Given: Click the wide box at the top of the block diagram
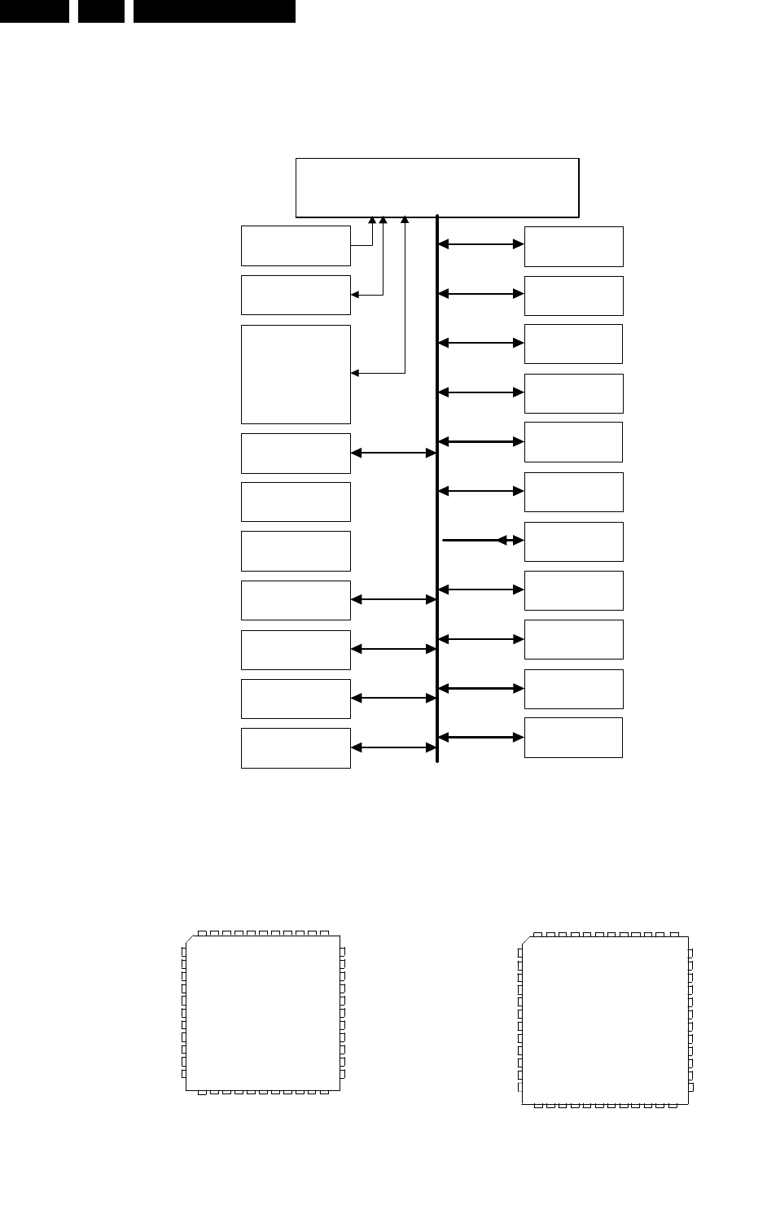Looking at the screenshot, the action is pos(436,187).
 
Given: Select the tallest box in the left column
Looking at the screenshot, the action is pos(296,374).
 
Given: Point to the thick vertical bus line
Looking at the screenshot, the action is pos(437,489).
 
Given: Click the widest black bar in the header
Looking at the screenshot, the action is pos(214,11).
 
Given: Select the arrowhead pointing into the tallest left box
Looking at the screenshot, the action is pos(354,374).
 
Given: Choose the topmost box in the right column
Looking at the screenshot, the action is pos(573,246).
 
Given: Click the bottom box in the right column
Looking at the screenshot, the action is pos(573,738).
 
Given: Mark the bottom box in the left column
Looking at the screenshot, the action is pos(296,747).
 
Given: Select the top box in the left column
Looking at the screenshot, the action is pos(296,246).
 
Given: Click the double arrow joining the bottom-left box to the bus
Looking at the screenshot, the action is pos(393,747).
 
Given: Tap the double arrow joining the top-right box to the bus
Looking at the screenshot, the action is pos(480,243).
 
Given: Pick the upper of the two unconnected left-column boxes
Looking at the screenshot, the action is pos(296,502).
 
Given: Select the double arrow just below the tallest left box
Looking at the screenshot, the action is pos(393,454).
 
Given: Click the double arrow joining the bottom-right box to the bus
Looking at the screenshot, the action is pos(480,738).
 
